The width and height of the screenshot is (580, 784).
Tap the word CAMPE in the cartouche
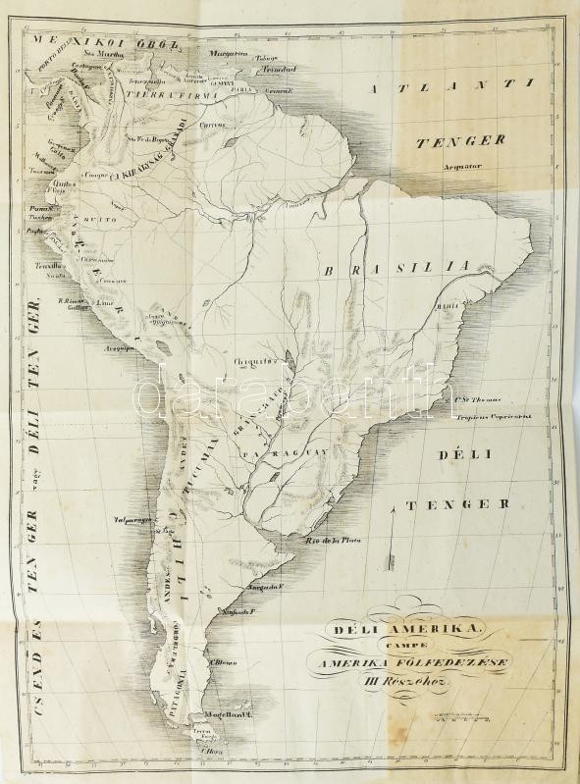point(425,645)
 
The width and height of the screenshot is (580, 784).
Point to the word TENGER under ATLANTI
point(460,140)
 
